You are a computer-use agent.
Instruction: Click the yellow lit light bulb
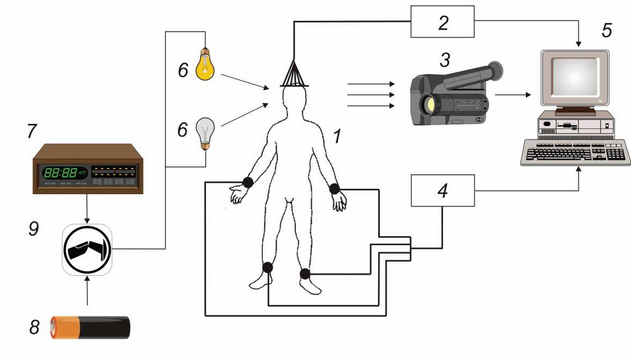click(x=204, y=65)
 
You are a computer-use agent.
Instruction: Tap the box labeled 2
click(x=442, y=21)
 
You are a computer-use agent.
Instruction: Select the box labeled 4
click(x=442, y=190)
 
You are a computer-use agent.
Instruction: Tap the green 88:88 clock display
click(x=60, y=173)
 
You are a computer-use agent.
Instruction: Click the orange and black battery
click(x=90, y=327)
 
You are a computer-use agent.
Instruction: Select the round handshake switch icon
click(x=87, y=249)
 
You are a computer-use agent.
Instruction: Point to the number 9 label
click(x=34, y=229)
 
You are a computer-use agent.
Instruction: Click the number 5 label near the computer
click(x=606, y=31)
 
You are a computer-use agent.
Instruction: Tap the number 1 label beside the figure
click(x=337, y=137)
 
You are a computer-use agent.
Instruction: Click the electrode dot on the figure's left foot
click(x=305, y=274)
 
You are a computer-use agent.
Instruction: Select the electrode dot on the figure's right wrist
click(x=247, y=182)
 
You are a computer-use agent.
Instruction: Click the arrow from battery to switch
click(x=87, y=292)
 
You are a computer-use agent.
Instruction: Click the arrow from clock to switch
click(x=87, y=208)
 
